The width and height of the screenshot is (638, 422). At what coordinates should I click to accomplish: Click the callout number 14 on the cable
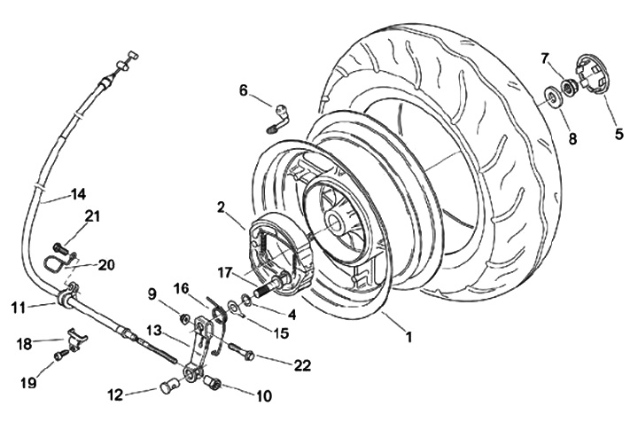pos(79,194)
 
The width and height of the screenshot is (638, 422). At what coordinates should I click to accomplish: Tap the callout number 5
pos(619,134)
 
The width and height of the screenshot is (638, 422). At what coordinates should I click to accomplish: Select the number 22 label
pos(302,365)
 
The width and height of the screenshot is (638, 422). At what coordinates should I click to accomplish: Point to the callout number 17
pos(224,272)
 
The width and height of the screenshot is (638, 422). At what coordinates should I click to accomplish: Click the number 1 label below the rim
pos(408,337)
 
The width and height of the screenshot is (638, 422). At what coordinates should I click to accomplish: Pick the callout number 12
pos(115,395)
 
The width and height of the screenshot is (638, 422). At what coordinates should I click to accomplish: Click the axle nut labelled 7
pos(567,88)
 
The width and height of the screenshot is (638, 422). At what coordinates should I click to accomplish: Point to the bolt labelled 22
pos(242,352)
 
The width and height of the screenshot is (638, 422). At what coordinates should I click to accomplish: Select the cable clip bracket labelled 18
pos(76,337)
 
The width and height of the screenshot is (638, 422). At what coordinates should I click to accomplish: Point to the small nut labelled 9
pos(184,317)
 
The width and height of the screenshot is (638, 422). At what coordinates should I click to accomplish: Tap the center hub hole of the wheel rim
pos(334,223)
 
